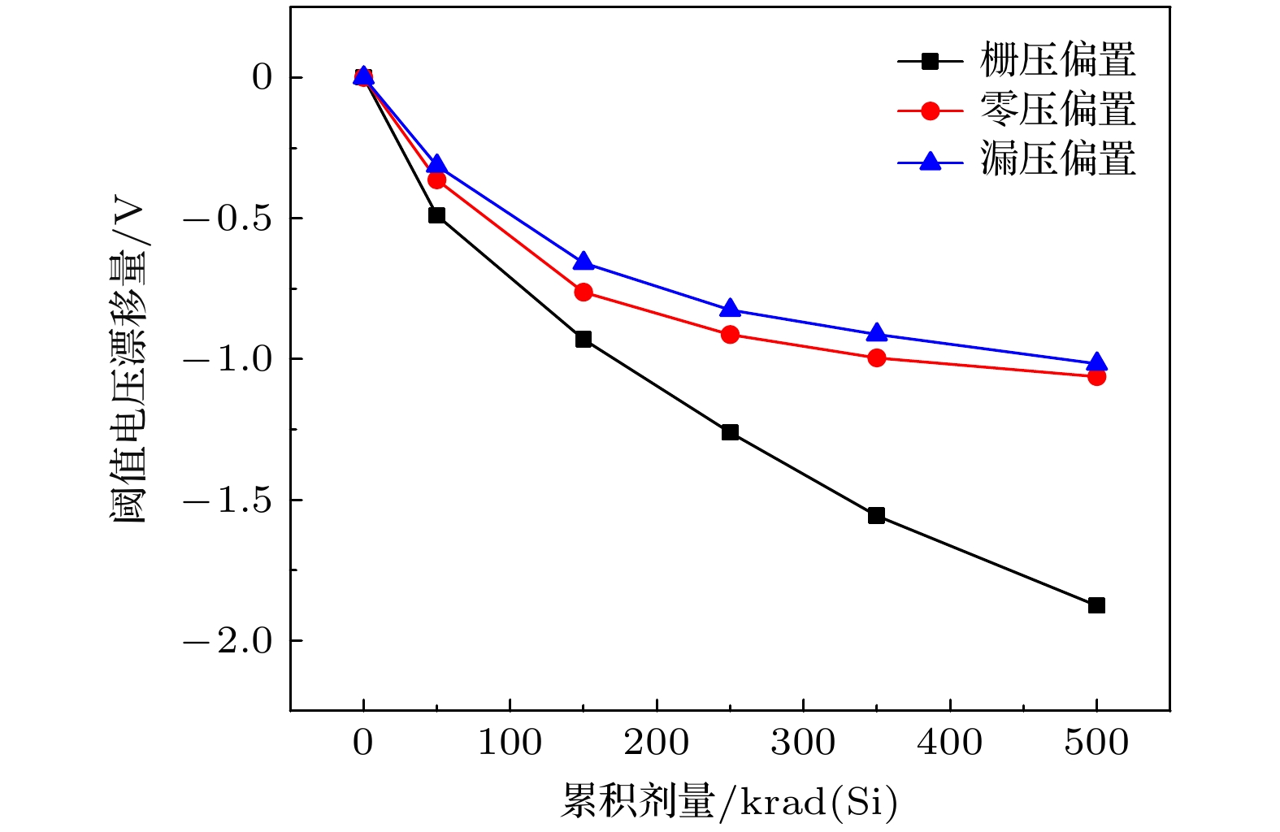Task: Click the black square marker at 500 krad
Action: pyautogui.click(x=1096, y=605)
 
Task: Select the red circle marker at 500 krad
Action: pyautogui.click(x=1096, y=376)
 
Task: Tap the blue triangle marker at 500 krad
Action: pyautogui.click(x=1096, y=362)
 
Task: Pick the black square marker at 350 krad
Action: pyautogui.click(x=876, y=515)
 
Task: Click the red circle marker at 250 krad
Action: pyautogui.click(x=730, y=334)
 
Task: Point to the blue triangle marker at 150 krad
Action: pyautogui.click(x=584, y=262)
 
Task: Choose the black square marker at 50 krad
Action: pyautogui.click(x=436, y=215)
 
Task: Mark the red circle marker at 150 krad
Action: pyautogui.click(x=584, y=292)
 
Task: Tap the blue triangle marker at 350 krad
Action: pyautogui.click(x=876, y=333)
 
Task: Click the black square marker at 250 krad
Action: pyautogui.click(x=730, y=432)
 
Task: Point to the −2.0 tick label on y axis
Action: pyautogui.click(x=228, y=641)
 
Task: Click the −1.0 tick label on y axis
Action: pyautogui.click(x=228, y=359)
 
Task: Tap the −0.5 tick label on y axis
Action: pyautogui.click(x=228, y=219)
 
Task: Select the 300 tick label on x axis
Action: pyautogui.click(x=803, y=743)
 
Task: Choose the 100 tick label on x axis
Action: pyautogui.click(x=510, y=743)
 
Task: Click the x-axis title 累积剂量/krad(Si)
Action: pyautogui.click(x=729, y=803)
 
